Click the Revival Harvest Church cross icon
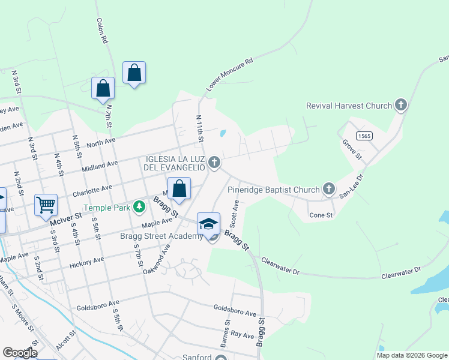pyautogui.click(x=401, y=106)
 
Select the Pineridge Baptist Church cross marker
pyautogui.click(x=328, y=189)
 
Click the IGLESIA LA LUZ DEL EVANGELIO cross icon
pyautogui.click(x=213, y=163)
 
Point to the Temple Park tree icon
pyautogui.click(x=139, y=207)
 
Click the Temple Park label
pyautogui.click(x=107, y=208)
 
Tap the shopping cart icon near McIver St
pyautogui.click(x=46, y=205)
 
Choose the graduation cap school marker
pyautogui.click(x=208, y=223)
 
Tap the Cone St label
pyautogui.click(x=321, y=215)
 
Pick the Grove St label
pyautogui.click(x=352, y=149)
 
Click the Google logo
pyautogui.click(x=20, y=353)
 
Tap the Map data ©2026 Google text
pyautogui.click(x=412, y=355)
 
